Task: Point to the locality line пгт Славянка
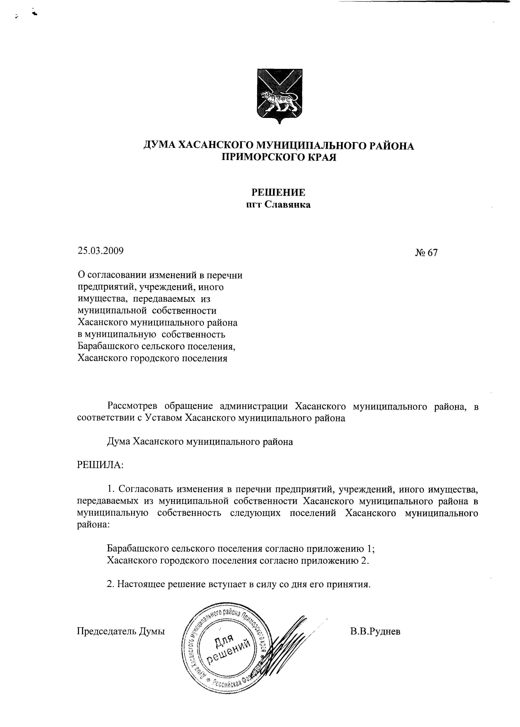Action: tap(278, 205)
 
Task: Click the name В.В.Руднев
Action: tap(375, 632)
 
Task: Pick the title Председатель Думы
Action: tap(121, 632)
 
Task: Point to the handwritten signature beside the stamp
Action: tap(288, 640)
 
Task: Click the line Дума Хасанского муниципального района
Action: tap(200, 442)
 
